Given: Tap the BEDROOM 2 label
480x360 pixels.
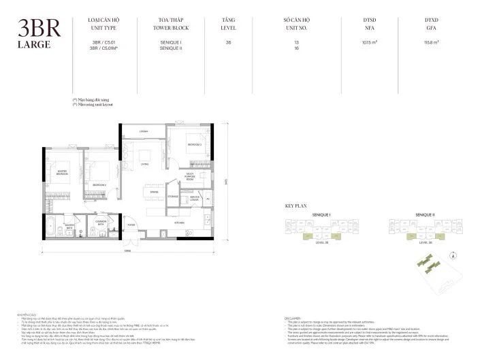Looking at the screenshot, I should click(99, 184).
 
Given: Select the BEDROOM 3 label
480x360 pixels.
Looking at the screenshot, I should click(194, 145).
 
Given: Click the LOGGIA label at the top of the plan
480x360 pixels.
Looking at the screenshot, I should click(144, 131).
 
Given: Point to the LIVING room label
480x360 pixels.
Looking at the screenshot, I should click(145, 163).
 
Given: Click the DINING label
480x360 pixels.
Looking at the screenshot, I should click(155, 193).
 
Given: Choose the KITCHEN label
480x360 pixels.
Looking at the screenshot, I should click(180, 223).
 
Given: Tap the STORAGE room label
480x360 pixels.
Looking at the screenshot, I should click(173, 197).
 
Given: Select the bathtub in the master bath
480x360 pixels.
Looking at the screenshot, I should click(52, 231).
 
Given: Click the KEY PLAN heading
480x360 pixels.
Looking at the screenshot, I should click(295, 206).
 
